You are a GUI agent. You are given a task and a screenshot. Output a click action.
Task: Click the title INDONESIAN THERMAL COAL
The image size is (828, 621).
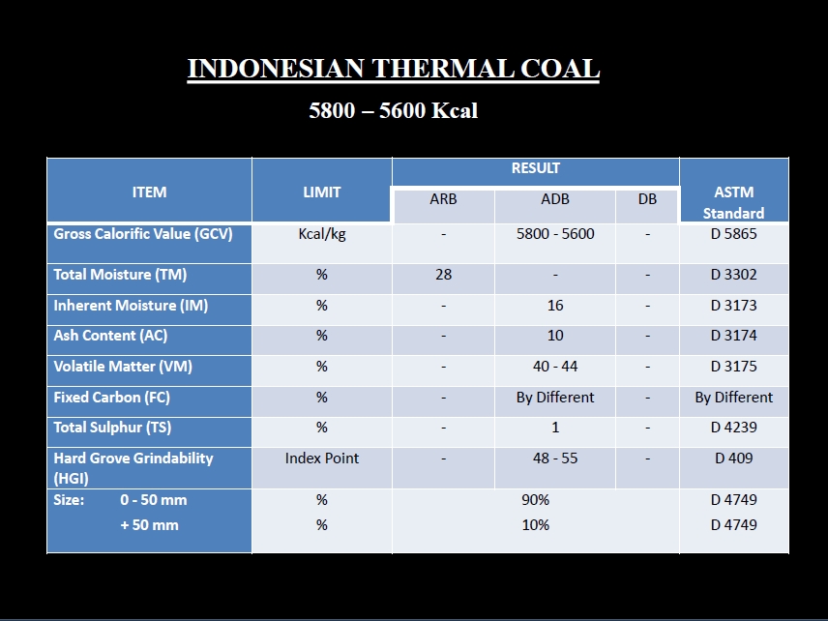pyautogui.click(x=394, y=69)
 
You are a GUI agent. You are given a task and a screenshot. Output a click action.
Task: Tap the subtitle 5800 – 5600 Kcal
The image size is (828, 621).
pyautogui.click(x=394, y=110)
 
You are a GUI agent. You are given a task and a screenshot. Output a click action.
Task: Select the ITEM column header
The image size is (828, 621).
pyautogui.click(x=149, y=192)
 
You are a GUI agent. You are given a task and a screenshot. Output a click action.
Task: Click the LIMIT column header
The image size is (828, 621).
pyautogui.click(x=321, y=192)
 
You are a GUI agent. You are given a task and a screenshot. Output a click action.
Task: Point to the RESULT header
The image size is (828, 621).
pyautogui.click(x=536, y=168)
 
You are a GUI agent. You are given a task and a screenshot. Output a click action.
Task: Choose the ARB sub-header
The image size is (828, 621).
pyautogui.click(x=443, y=199)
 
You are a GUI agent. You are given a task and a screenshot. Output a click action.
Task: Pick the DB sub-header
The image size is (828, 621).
pyautogui.click(x=647, y=199)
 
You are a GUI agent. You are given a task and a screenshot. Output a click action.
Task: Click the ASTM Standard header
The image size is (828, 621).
pyautogui.click(x=733, y=202)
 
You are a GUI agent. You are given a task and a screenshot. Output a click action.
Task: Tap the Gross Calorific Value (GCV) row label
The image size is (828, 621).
pyautogui.click(x=143, y=234)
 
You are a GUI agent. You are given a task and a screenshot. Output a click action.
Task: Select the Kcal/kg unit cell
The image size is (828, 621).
pyautogui.click(x=322, y=234)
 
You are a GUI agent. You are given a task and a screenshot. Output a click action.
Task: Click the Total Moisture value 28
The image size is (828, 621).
pyautogui.click(x=444, y=275)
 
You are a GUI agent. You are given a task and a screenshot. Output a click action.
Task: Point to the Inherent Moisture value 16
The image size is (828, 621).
pyautogui.click(x=555, y=306)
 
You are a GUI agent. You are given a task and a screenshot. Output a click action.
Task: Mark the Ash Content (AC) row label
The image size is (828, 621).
pyautogui.click(x=110, y=336)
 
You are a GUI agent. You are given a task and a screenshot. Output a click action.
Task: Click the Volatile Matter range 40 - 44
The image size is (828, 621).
pyautogui.click(x=555, y=366)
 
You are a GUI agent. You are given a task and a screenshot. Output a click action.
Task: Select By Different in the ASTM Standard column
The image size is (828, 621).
pyautogui.click(x=733, y=398)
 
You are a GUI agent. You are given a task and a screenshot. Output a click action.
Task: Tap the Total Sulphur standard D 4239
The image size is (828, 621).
pyautogui.click(x=733, y=428)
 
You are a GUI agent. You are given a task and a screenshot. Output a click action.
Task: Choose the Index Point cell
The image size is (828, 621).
pyautogui.click(x=321, y=458)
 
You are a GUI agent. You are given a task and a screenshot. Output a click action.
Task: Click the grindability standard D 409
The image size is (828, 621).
pyautogui.click(x=733, y=458)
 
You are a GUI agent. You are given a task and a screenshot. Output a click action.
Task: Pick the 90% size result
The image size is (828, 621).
pyautogui.click(x=536, y=499)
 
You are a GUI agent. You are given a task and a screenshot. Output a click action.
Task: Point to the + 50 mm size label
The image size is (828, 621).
pyautogui.click(x=149, y=525)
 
